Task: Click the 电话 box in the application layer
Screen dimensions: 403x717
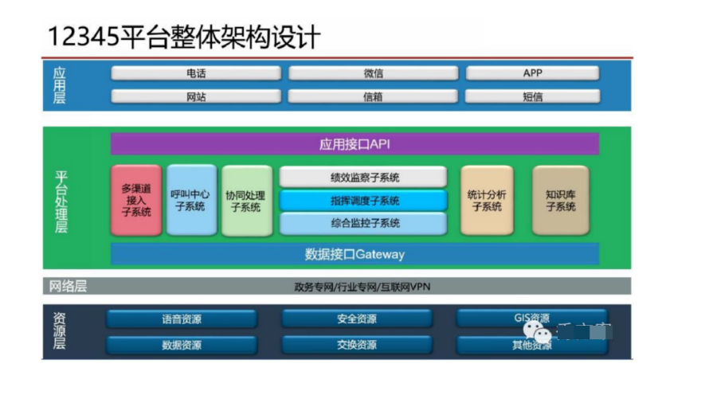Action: click(x=196, y=73)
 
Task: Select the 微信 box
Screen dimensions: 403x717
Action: click(x=373, y=73)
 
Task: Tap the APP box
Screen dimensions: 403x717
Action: click(x=532, y=73)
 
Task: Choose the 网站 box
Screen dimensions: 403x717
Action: click(x=196, y=96)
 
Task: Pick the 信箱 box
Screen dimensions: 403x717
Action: click(x=373, y=96)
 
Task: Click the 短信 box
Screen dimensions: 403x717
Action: click(x=532, y=96)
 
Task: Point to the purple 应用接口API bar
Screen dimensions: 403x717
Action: click(x=355, y=144)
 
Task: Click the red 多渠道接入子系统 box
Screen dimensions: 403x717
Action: click(x=136, y=200)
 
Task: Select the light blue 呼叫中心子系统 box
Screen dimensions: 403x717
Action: click(x=191, y=200)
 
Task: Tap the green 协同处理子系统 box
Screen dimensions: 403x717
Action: click(x=246, y=200)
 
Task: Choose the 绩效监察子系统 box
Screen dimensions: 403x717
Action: click(x=363, y=177)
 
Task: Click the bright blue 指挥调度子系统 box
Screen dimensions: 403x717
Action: click(x=363, y=200)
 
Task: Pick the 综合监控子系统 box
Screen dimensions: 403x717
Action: click(x=363, y=223)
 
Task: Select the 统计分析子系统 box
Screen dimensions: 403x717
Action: click(x=487, y=200)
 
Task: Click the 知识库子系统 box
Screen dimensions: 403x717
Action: click(x=560, y=200)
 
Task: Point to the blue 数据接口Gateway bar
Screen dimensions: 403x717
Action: click(x=355, y=254)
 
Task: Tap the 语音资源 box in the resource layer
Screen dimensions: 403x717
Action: click(x=182, y=319)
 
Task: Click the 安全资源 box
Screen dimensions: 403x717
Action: click(x=357, y=319)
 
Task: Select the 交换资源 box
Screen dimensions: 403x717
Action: click(x=357, y=346)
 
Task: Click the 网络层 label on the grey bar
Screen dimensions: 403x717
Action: click(x=67, y=286)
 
